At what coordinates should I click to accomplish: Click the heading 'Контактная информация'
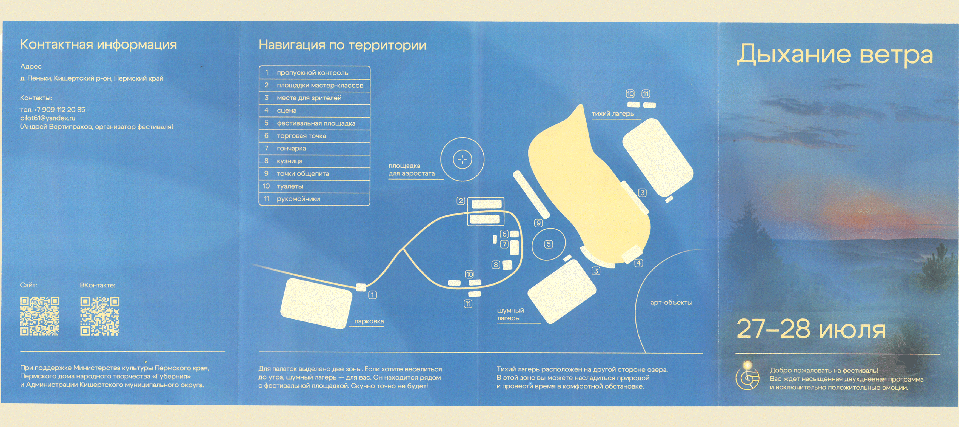[98, 44]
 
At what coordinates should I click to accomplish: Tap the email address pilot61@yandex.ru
[48, 118]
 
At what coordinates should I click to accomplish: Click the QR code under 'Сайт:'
[39, 316]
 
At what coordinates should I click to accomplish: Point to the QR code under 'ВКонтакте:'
[100, 316]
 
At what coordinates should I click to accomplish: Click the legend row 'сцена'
[314, 110]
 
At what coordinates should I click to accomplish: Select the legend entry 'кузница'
[314, 161]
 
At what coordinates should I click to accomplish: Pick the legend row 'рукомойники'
[314, 199]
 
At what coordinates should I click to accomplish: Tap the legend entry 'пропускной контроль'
[314, 73]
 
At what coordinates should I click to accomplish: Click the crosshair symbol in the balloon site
[463, 159]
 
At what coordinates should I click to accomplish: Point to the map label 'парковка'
[369, 321]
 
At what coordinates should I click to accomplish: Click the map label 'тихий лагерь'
[613, 113]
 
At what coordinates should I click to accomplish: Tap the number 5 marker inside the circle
[548, 244]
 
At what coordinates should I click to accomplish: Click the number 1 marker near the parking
[372, 295]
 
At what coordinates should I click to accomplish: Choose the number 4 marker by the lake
[638, 263]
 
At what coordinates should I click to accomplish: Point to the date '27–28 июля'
[811, 329]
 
